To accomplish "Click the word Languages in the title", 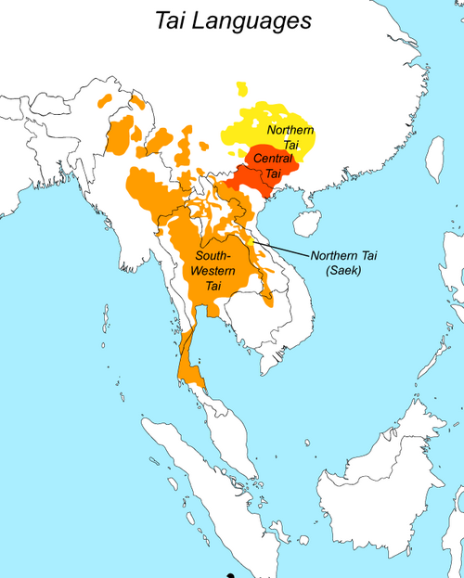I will [x=259, y=20].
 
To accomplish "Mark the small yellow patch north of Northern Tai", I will [x=241, y=89].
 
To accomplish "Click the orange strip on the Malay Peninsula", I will [x=190, y=362].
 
